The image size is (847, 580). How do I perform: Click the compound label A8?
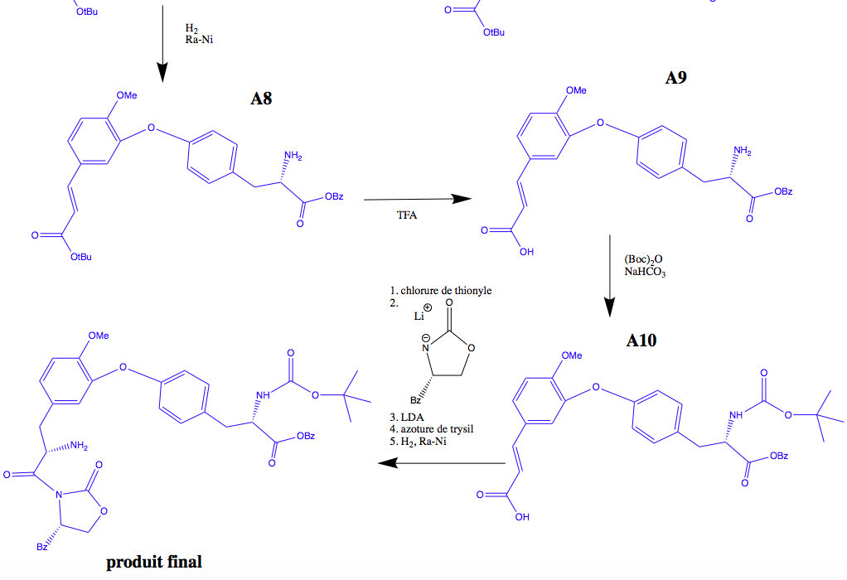261,100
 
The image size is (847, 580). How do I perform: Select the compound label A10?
636,341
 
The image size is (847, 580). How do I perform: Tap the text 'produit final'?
154,562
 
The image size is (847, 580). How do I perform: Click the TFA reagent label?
408,215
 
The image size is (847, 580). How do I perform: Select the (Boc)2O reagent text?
643,259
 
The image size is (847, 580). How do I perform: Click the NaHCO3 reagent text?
645,272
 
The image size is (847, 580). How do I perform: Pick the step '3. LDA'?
407,415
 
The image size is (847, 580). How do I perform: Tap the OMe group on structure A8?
126,95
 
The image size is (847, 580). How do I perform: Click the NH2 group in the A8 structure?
293,156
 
